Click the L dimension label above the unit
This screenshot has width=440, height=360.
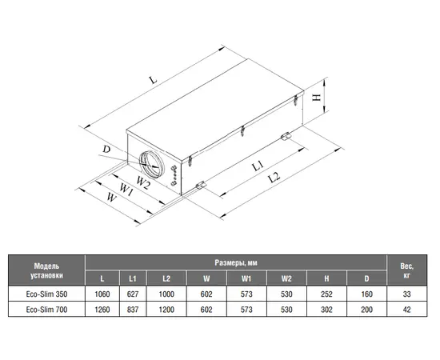(x=153, y=80)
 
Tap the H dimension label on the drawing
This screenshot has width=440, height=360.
(x=317, y=98)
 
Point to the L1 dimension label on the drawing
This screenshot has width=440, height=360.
(x=258, y=165)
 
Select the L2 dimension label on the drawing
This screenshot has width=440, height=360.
(x=274, y=178)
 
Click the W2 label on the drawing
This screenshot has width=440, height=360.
(x=143, y=182)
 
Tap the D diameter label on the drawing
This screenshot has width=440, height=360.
(x=106, y=149)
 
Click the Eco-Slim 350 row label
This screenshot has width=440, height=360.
(x=46, y=294)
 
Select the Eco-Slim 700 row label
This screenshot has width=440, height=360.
(x=46, y=310)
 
